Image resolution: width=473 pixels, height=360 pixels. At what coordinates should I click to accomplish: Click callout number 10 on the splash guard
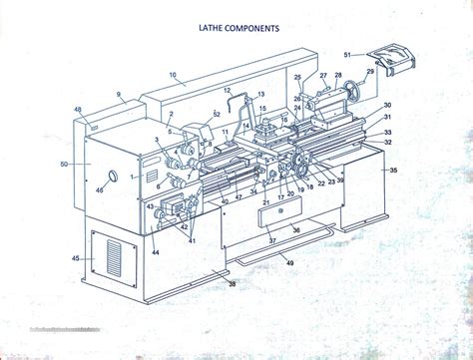172,74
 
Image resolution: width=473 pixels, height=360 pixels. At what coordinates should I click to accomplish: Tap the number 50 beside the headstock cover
64,163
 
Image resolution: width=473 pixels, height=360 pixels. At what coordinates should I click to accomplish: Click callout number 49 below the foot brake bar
290,262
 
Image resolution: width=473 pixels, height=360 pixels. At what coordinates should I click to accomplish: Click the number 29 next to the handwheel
370,73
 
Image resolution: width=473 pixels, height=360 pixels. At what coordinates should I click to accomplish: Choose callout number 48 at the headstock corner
78,109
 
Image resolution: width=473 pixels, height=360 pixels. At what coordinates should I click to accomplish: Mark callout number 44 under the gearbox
156,252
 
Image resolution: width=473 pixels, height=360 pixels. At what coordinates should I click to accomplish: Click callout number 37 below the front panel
271,240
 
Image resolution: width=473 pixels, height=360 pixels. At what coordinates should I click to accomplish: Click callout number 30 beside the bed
387,106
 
